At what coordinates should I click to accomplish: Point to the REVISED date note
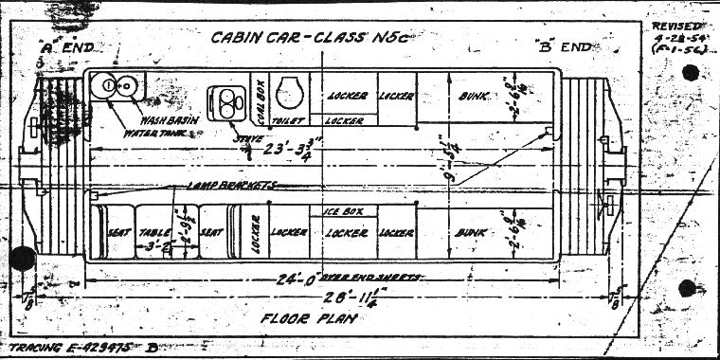click(677, 38)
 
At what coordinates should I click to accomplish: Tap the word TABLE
click(152, 231)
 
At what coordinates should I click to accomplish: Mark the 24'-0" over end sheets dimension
click(314, 278)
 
